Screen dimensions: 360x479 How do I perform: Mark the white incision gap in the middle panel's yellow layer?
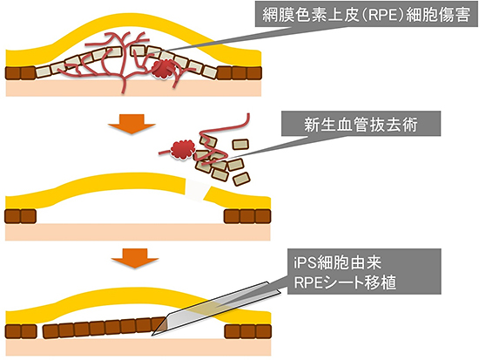(x=199, y=187)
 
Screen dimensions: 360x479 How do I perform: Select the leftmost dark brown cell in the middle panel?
(x=13, y=215)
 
